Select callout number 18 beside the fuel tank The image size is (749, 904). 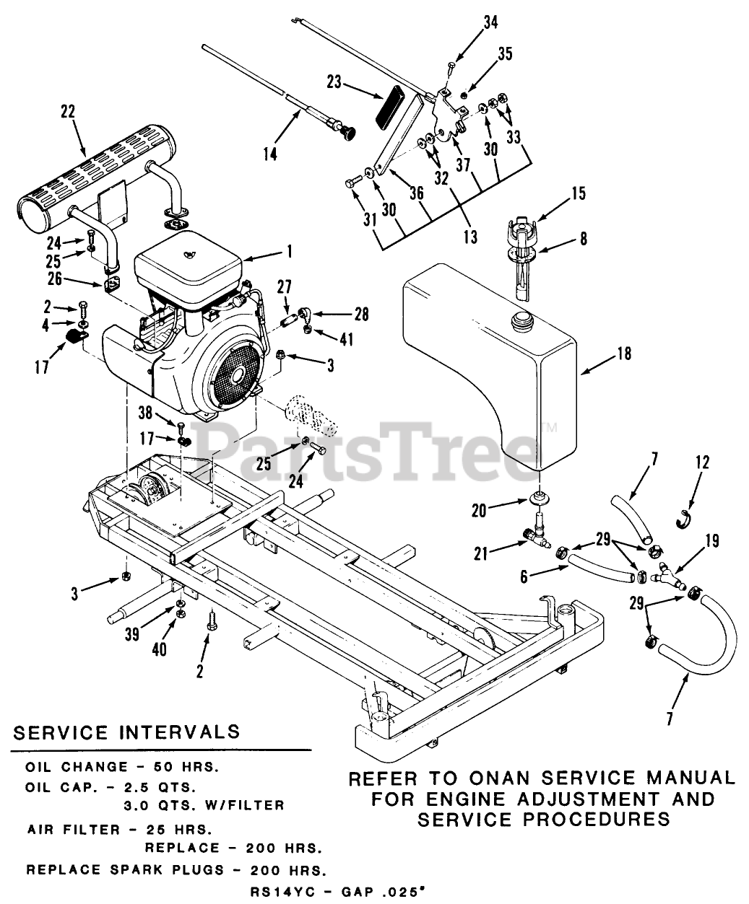click(624, 354)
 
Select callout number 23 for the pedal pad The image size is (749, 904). click(333, 82)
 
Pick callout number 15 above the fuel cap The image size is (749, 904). click(579, 193)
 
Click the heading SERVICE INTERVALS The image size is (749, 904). click(127, 731)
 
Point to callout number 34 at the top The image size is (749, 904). click(491, 22)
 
